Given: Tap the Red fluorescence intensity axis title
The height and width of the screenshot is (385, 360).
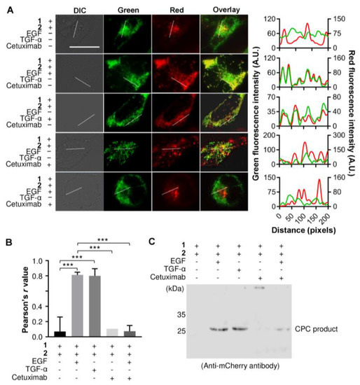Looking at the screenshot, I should (354, 112).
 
